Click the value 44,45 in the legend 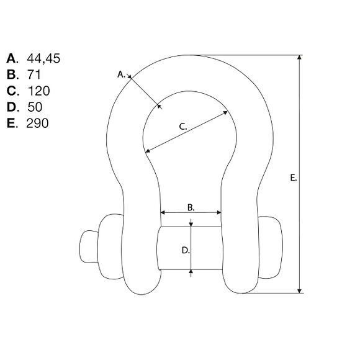43,58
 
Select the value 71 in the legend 34,74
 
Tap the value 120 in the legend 38,91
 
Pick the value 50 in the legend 35,107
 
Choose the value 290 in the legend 37,123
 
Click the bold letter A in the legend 11,58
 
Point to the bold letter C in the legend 11,91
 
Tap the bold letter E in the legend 11,123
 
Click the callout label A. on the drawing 121,74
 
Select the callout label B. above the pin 191,207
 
